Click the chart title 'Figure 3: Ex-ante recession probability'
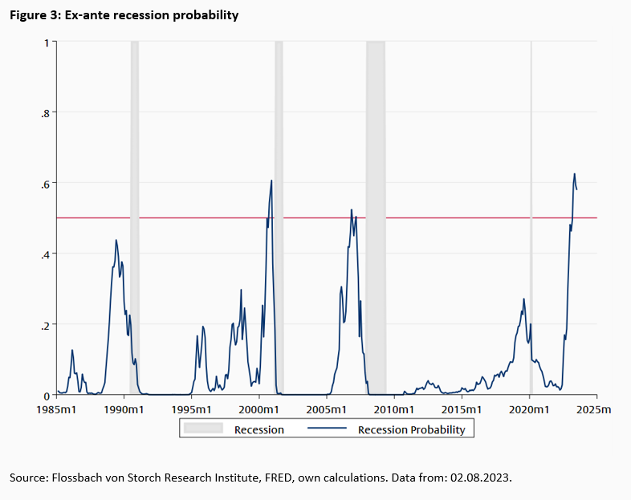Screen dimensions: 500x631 pos(124,15)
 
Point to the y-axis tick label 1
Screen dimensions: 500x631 pos(46,42)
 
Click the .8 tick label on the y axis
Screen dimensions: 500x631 pos(44,112)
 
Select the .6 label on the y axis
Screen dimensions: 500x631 pos(44,183)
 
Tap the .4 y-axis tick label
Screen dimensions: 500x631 pos(44,254)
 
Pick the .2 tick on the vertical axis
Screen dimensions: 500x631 pos(44,324)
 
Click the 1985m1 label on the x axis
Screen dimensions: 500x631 pos(57,409)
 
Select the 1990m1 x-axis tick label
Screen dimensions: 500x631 pos(124,409)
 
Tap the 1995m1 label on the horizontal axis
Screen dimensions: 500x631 pos(192,409)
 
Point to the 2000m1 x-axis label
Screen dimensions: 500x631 pos(259,409)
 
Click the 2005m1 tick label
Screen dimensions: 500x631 pos(328,409)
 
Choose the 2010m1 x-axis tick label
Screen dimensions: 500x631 pos(395,409)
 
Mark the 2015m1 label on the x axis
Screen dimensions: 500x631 pos(462,409)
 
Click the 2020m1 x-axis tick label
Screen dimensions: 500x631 pos(530,409)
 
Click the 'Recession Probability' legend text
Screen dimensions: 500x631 pos(411,429)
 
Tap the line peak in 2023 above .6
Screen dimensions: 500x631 pos(574,173)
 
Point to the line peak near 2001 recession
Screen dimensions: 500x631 pos(271,181)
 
